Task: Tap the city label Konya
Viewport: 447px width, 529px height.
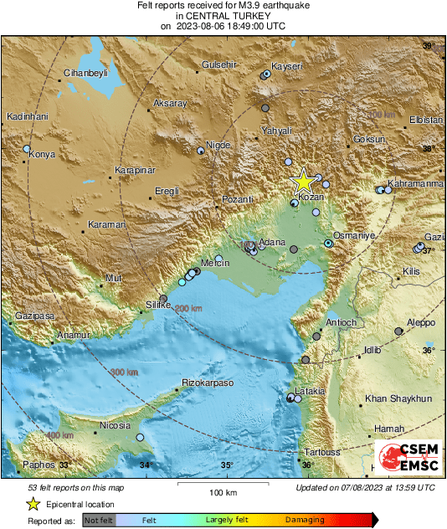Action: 42,155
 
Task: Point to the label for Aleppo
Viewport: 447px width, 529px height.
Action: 421,323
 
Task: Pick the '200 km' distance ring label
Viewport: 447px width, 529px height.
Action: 188,309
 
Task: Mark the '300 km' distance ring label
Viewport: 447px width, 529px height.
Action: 124,372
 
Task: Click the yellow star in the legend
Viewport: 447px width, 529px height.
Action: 33,504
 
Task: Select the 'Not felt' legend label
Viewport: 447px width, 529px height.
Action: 100,520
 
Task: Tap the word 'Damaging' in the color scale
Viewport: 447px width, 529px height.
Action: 305,520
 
